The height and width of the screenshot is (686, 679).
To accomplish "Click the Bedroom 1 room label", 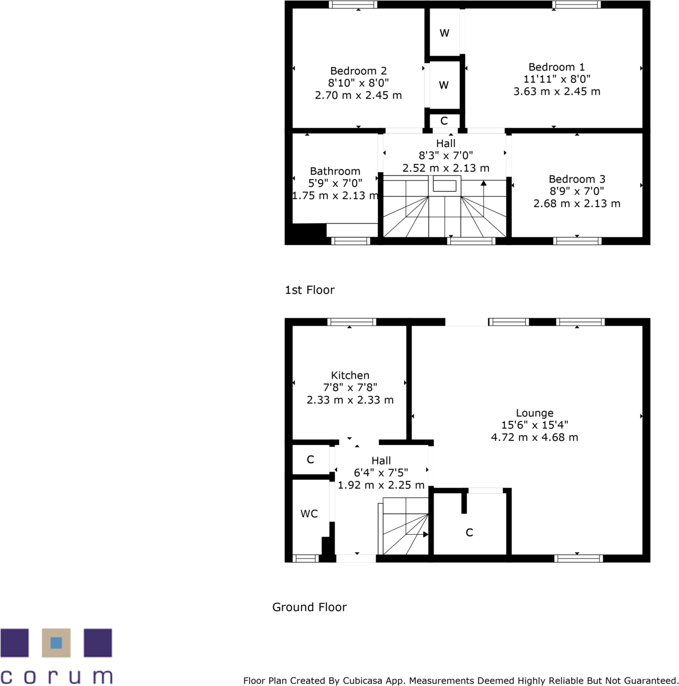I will [x=556, y=67].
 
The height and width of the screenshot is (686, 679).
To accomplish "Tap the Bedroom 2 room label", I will [x=358, y=71].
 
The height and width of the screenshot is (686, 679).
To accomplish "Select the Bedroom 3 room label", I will [x=576, y=179].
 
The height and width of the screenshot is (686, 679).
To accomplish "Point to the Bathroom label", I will [x=335, y=171].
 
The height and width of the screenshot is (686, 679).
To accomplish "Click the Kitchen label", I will [x=350, y=376].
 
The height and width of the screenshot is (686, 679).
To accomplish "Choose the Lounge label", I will [x=534, y=413].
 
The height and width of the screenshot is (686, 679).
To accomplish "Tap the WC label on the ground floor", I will [x=309, y=514].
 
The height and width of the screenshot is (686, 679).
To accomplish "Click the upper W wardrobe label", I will [x=444, y=33].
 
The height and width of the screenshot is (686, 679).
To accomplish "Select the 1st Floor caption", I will [x=310, y=290].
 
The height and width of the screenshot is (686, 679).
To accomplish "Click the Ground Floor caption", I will [x=309, y=607].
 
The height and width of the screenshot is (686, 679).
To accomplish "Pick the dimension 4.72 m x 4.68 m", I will [x=534, y=437].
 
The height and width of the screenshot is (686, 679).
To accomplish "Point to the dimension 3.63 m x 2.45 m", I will [x=556, y=91].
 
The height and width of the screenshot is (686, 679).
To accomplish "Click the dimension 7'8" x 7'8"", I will [x=350, y=388].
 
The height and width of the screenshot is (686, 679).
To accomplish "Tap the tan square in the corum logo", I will [x=56, y=643].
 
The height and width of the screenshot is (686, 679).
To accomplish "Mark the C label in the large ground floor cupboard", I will [x=469, y=533].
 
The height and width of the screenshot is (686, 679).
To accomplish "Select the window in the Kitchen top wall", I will [x=352, y=322].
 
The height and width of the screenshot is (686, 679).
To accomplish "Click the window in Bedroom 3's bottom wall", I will [x=577, y=241].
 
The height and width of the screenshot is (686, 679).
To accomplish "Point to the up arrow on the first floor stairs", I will [x=483, y=184].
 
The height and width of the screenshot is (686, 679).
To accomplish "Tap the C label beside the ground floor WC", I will [x=310, y=460].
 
